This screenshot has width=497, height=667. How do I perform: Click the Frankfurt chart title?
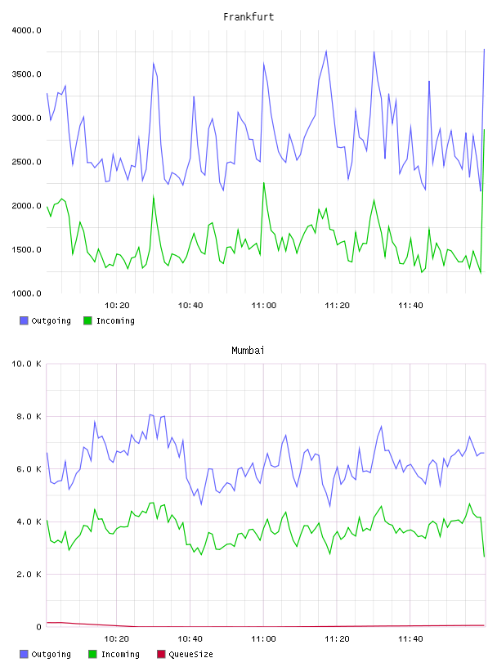tap(248, 17)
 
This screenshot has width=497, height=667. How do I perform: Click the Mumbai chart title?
tap(248, 351)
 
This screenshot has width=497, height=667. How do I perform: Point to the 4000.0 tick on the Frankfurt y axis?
tap(26, 30)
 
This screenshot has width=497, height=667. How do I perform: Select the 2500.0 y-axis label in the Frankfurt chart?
tap(26, 162)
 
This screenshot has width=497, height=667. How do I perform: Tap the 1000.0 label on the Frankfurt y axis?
tap(26, 293)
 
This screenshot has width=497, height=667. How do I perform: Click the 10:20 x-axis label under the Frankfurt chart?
tap(117, 306)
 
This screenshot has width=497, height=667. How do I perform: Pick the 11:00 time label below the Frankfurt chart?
tap(264, 306)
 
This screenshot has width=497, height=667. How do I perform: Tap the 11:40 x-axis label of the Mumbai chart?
tap(410, 639)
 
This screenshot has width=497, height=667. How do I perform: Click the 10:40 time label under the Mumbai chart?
tap(190, 639)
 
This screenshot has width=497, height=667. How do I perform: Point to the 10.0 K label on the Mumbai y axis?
tap(26, 364)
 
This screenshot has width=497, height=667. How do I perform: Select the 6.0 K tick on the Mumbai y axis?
tap(29, 469)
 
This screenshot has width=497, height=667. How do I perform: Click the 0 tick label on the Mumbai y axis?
tap(38, 627)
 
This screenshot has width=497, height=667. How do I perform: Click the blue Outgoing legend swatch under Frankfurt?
tap(24, 320)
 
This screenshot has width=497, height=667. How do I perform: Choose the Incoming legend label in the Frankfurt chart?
tap(115, 321)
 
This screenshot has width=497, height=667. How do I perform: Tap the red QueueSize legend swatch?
tap(161, 654)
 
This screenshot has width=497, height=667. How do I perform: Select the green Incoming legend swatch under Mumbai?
tap(92, 654)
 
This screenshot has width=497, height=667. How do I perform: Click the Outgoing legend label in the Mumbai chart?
tap(51, 655)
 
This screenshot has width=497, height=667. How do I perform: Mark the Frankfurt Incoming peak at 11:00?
tap(264, 183)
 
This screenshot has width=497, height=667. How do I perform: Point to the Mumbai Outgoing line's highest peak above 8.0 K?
tap(150, 414)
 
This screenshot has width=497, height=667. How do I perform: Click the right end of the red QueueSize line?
tap(485, 625)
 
